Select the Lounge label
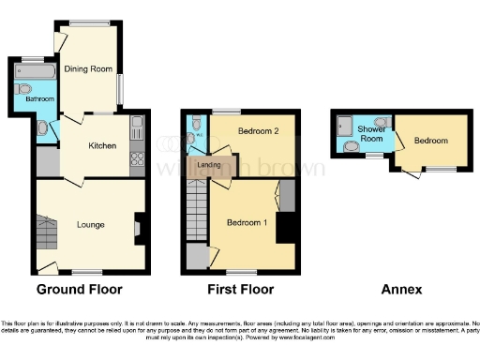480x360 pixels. coord(91,225)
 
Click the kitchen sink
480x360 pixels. coord(137,126)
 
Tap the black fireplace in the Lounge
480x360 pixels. coord(140,226)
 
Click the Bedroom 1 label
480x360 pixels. coord(246,222)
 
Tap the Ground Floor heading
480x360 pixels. coord(79,290)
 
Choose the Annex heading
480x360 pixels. coord(401,290)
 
